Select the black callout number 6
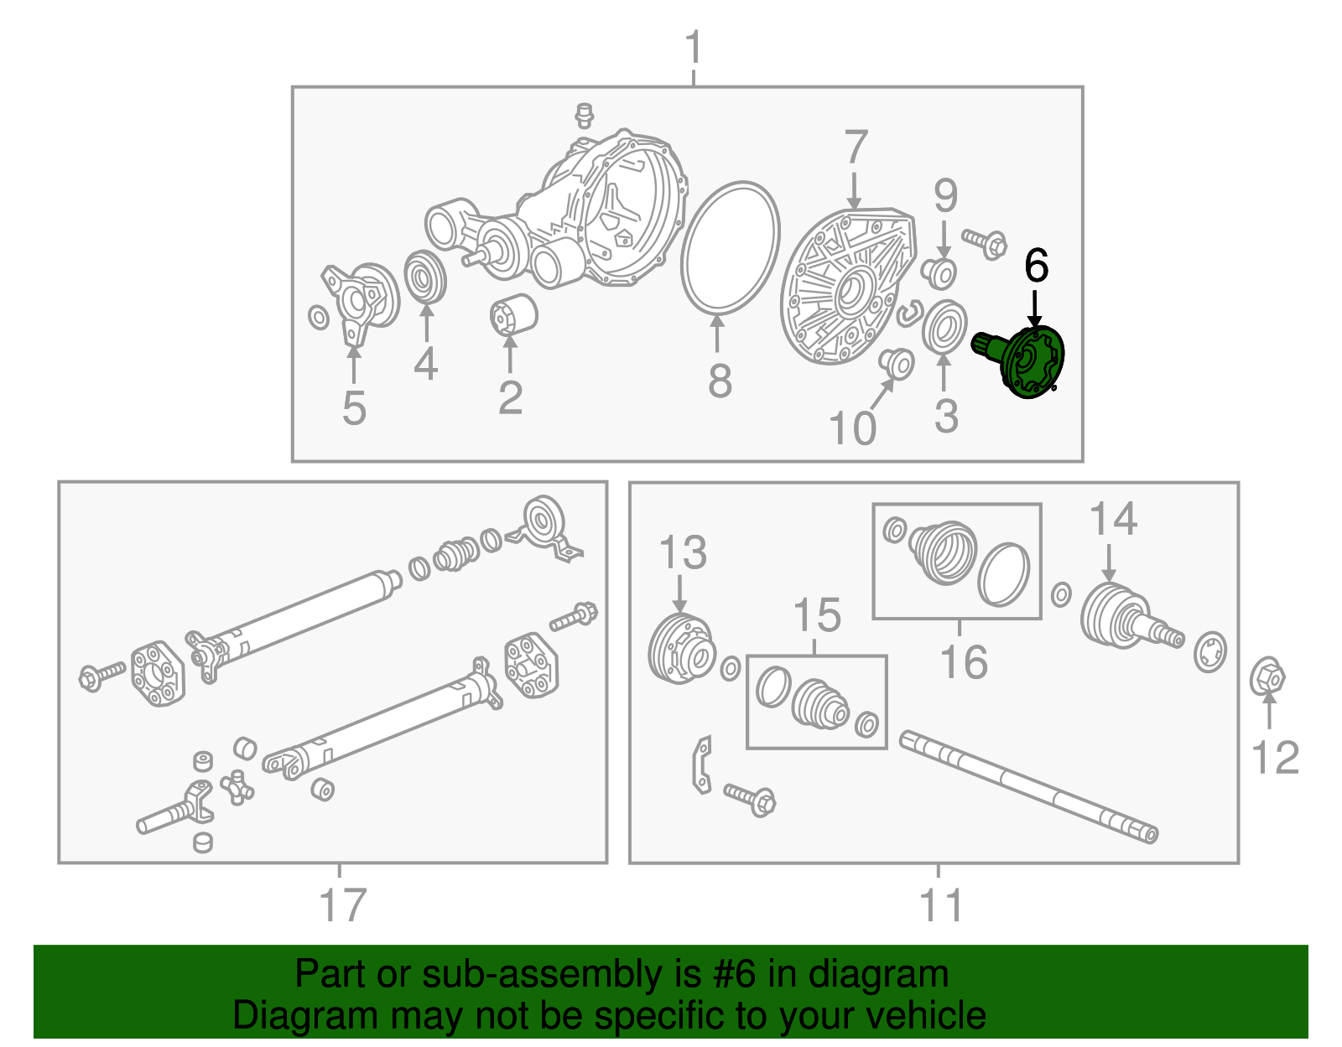pos(1036,267)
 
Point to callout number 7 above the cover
pos(855,148)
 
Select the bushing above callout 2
pos(513,314)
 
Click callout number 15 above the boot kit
pos(816,616)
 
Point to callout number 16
pos(963,661)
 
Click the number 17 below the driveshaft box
pos(342,905)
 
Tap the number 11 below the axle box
pos(940,905)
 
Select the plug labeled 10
pos(897,363)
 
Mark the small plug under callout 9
pos(939,273)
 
